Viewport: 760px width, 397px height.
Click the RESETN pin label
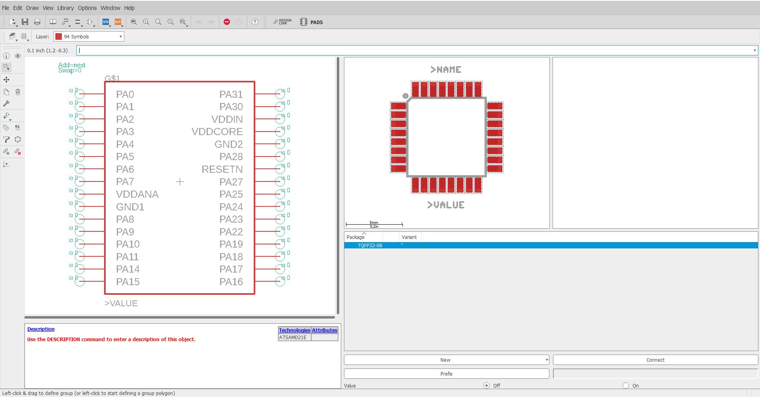click(222, 169)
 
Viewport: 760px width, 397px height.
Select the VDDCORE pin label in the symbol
click(217, 132)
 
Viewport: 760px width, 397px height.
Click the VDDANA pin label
click(137, 194)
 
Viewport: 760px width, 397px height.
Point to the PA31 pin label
click(231, 94)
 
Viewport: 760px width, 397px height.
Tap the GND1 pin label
click(130, 207)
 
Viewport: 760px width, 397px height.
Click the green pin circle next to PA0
click(80, 94)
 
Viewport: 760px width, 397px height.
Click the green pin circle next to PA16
click(280, 282)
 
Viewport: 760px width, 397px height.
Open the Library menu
click(65, 8)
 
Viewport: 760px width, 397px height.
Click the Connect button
click(655, 360)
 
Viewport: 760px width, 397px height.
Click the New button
click(445, 360)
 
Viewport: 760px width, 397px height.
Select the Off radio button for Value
click(486, 386)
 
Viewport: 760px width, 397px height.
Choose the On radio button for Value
click(626, 386)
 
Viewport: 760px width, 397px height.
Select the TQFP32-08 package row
click(370, 246)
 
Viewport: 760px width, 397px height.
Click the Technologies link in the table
click(294, 330)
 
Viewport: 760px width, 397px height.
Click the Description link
click(41, 329)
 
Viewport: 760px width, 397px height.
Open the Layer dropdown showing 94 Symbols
click(89, 36)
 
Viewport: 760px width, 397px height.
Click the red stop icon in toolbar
click(227, 22)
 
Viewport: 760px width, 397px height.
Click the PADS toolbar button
click(312, 22)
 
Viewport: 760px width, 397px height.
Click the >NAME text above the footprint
click(446, 70)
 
